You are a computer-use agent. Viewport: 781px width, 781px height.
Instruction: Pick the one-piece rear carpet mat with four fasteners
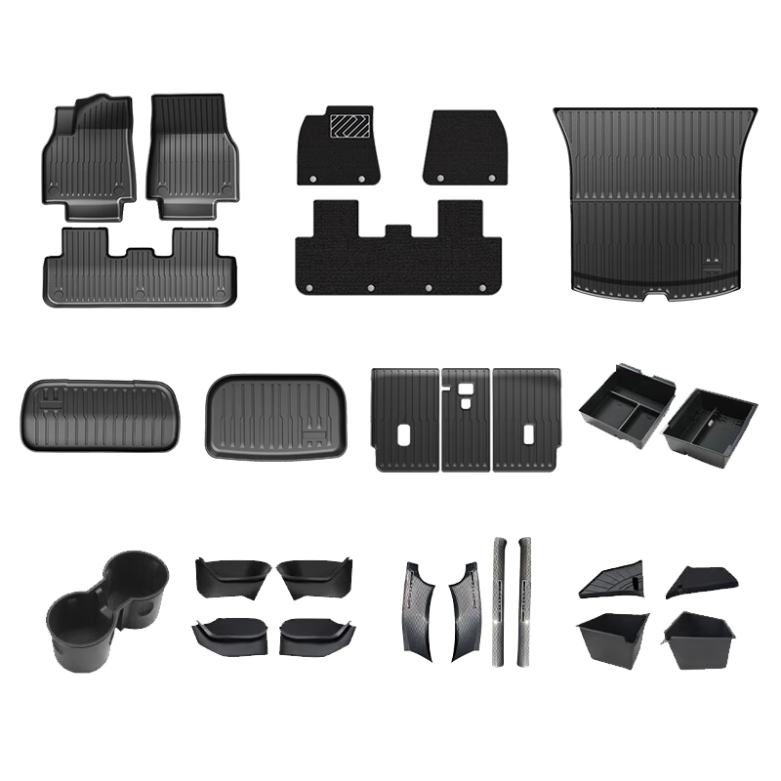click(399, 249)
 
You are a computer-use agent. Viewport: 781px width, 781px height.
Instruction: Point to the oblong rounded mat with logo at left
click(99, 414)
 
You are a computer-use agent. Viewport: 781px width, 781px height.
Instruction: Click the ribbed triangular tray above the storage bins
click(609, 581)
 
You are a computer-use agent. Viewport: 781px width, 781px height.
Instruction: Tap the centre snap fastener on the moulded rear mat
click(140, 292)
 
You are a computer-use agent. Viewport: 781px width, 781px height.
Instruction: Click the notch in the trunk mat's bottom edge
click(655, 293)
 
